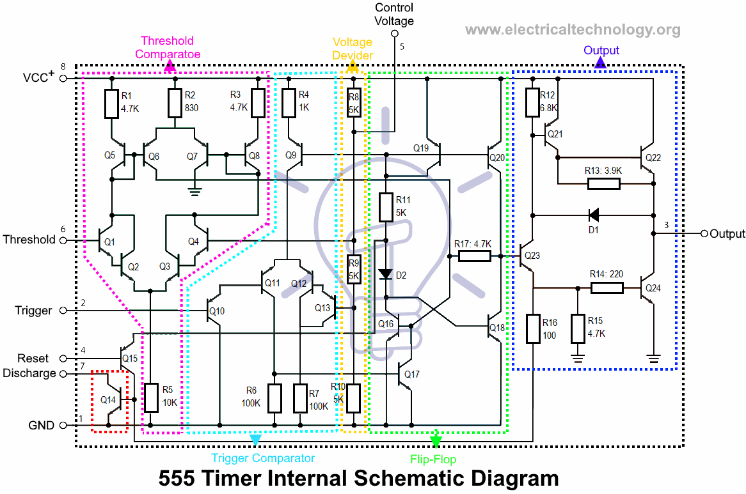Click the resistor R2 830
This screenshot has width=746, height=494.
coord(175,103)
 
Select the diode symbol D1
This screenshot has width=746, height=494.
coord(593,215)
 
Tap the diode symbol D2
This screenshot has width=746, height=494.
coord(385,274)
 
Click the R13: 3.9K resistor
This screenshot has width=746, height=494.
coord(603,184)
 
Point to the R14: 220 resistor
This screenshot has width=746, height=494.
coord(606,288)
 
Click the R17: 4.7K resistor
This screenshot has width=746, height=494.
coord(475,256)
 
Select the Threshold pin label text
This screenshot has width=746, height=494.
coord(29,240)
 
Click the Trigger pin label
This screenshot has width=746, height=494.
coord(33,311)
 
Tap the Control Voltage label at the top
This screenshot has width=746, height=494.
coord(394,14)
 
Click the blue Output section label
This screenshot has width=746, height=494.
coord(601,50)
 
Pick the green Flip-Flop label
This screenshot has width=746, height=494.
coord(433,459)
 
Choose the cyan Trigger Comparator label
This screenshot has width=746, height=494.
coord(263,458)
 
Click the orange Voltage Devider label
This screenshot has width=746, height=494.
coord(352,49)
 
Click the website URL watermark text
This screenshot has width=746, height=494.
coord(573,29)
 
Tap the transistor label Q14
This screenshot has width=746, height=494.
coord(108,400)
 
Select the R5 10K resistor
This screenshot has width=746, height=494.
coord(151,398)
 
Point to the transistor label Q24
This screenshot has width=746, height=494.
coord(653,288)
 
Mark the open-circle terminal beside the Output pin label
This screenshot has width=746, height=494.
coord(704,234)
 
